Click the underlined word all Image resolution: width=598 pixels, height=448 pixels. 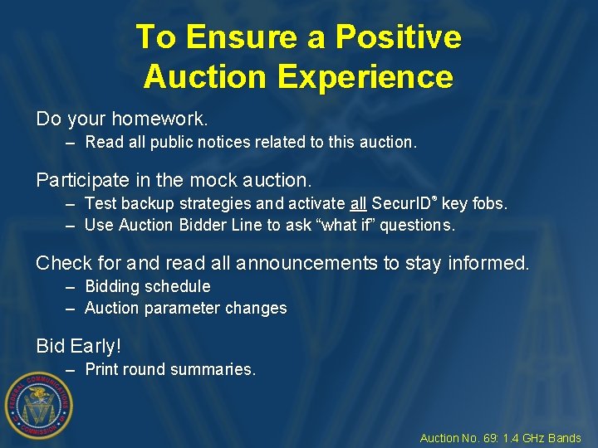(x=358, y=203)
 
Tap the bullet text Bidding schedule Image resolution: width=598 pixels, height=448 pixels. (x=148, y=286)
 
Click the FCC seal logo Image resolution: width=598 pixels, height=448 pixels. (x=39, y=404)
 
